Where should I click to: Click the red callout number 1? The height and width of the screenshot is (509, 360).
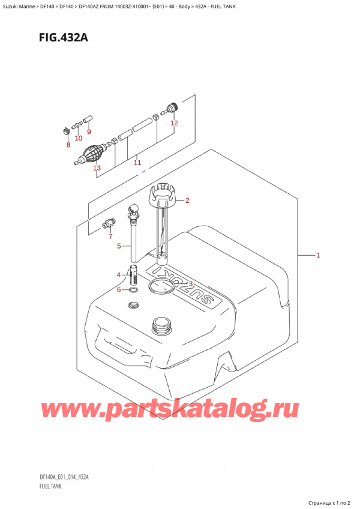point(318,255)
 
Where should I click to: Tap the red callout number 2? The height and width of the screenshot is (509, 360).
point(187,200)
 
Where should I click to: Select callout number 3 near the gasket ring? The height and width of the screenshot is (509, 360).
point(190,284)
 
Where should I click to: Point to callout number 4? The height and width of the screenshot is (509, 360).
point(119,275)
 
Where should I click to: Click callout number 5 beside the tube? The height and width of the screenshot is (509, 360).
point(119,245)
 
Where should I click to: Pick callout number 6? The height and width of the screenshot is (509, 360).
point(119,290)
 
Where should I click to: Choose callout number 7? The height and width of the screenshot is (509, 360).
point(110,236)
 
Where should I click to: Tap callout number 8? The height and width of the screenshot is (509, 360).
point(68,145)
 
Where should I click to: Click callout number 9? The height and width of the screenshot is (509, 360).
point(89,131)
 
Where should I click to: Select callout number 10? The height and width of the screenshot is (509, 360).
point(79,138)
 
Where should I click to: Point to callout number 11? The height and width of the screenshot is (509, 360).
point(137,163)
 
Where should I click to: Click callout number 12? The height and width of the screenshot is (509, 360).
point(174,124)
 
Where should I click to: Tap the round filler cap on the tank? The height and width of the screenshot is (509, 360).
point(162,325)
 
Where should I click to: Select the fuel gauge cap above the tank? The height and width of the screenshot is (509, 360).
point(161,194)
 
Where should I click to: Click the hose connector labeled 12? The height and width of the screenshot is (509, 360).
point(171,109)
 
